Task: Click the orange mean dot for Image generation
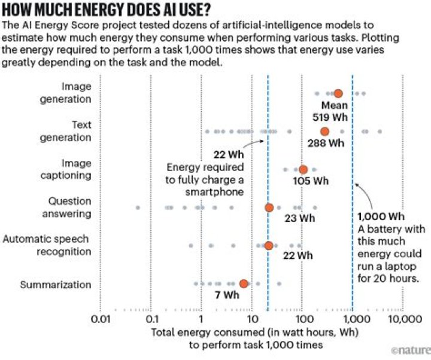coord(338,93)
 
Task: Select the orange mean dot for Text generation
coord(324,132)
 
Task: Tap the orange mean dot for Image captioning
coord(303,170)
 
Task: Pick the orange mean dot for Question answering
coord(269,208)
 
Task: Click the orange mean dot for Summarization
coord(244,283)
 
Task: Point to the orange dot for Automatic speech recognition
coord(269,245)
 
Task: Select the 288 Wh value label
coord(326,144)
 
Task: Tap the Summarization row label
coord(55,284)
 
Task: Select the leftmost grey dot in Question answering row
coord(138,208)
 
